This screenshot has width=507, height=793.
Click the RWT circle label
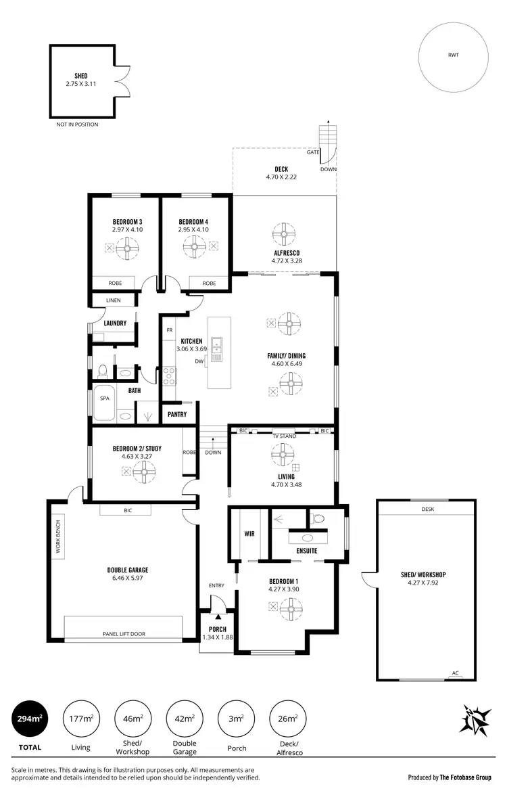click(x=453, y=55)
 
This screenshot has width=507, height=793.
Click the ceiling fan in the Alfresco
click(x=284, y=235)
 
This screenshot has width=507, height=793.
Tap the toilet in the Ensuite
click(x=318, y=519)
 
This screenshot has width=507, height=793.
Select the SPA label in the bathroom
click(x=105, y=399)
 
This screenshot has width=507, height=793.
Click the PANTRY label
click(x=178, y=413)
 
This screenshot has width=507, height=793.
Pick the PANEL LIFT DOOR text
click(x=123, y=634)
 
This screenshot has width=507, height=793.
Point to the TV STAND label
click(x=284, y=436)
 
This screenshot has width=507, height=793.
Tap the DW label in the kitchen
click(x=199, y=361)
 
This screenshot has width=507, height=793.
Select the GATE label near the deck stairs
click(x=313, y=152)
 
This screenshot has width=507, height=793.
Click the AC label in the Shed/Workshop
click(x=455, y=673)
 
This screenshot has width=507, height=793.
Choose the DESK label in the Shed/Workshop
click(x=427, y=509)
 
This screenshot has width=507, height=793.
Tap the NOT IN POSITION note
click(x=77, y=124)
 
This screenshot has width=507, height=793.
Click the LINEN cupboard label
click(x=114, y=301)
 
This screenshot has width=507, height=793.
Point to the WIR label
click(x=249, y=534)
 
